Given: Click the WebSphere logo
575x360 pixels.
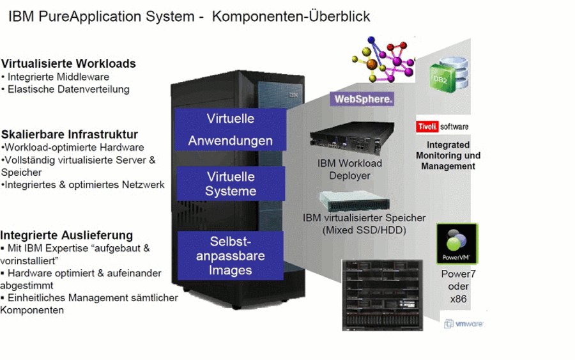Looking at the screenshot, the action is [362, 99].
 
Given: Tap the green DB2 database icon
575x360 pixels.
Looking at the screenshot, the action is [449, 75].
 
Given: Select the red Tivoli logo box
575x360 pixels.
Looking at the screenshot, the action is [427, 127].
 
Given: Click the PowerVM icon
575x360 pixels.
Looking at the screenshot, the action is [457, 244].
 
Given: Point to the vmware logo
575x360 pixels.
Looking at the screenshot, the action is [464, 324].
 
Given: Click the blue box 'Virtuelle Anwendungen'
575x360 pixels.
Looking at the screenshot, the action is [230, 129].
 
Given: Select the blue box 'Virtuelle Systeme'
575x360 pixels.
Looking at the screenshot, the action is [231, 184].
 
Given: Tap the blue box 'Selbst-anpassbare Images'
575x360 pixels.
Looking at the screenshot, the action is [230, 256].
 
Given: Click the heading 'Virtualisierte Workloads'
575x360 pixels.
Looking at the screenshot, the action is [68, 63].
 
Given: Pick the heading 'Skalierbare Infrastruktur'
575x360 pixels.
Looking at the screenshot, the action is [70, 134].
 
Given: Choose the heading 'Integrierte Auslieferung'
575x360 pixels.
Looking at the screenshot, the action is [66, 235].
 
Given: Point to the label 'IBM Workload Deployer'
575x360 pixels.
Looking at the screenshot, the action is [350, 169].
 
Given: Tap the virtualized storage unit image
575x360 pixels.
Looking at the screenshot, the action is [354, 201].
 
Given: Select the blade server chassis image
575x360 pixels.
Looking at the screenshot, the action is [383, 295].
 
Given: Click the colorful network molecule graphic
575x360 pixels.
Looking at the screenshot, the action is [383, 59].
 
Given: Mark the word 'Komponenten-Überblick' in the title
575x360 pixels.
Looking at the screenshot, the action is [291, 17].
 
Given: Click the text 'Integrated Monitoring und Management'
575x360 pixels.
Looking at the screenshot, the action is [448, 155].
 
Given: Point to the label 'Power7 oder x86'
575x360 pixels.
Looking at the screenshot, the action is [458, 286].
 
